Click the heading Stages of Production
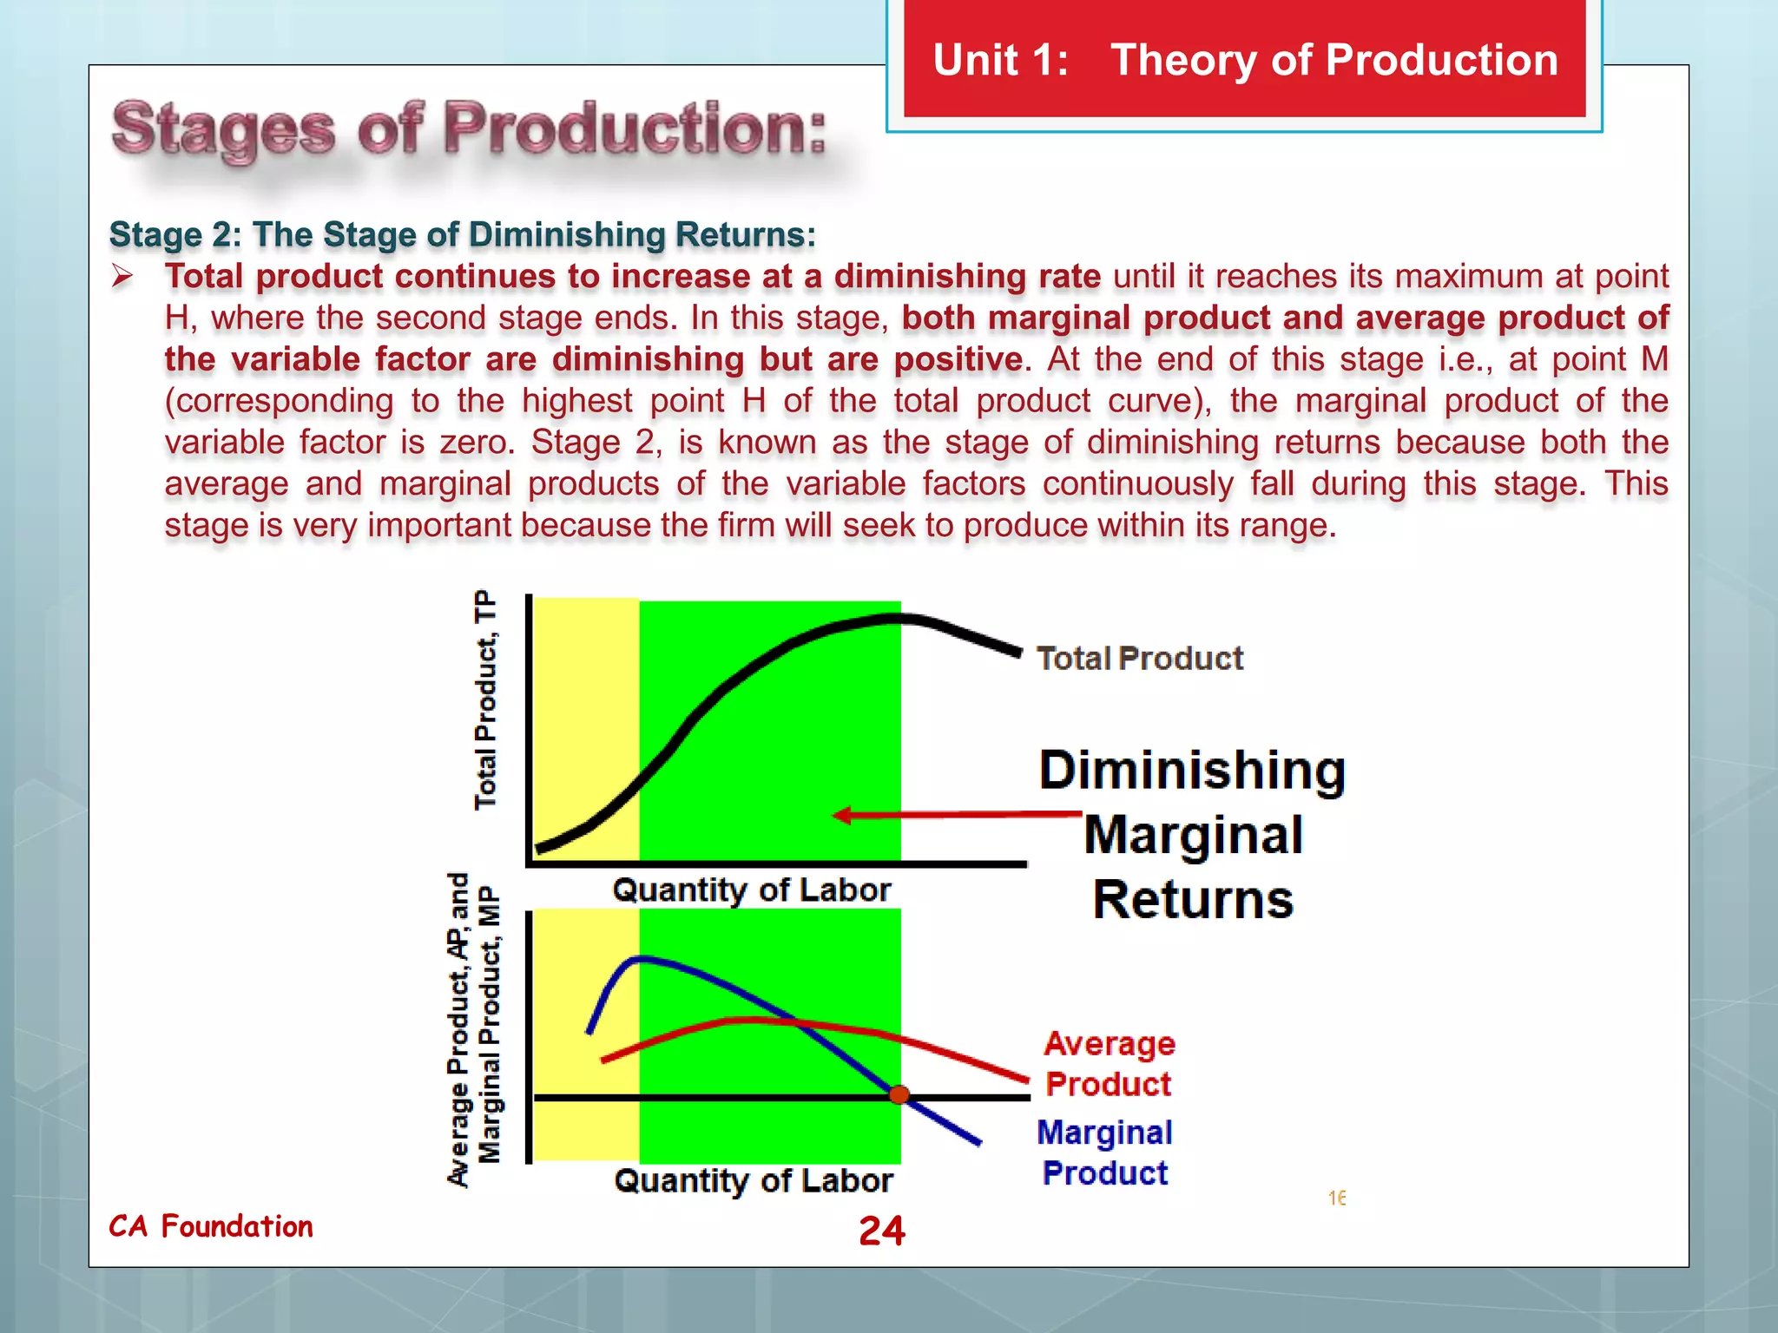[x=469, y=130]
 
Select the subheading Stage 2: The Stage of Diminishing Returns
[x=462, y=234]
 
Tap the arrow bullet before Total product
[x=122, y=277]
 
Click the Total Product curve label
[x=1139, y=658]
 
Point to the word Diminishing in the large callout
[x=1192, y=770]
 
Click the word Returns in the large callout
[x=1192, y=899]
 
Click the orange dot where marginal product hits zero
[x=899, y=1095]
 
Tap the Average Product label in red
[x=1109, y=1063]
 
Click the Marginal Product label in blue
[x=1104, y=1152]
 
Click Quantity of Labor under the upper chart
[x=751, y=890]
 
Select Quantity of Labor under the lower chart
[x=753, y=1181]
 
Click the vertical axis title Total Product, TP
[x=486, y=699]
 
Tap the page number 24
[x=881, y=1231]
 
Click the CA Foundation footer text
[x=211, y=1226]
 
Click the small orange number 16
[x=1336, y=1198]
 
